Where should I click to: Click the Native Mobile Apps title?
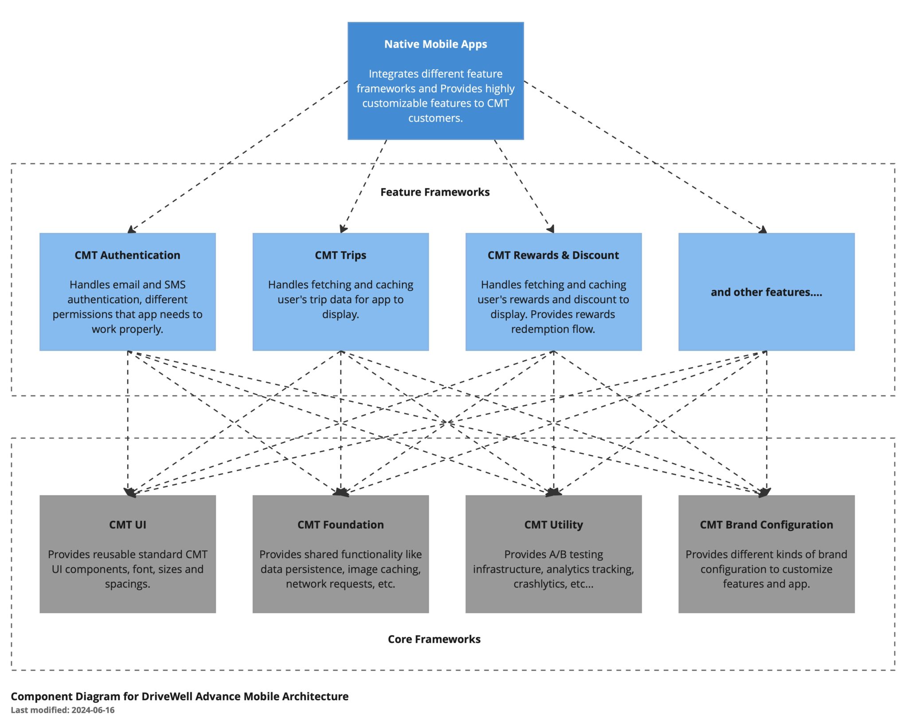pos(435,44)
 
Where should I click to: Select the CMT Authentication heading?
pos(127,255)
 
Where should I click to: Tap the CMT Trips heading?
pos(340,255)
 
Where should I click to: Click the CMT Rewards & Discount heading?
pos(553,255)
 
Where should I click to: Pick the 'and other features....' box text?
pos(766,292)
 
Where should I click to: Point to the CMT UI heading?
pos(127,524)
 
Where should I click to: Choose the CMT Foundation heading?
pos(340,524)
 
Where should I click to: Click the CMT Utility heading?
pos(553,524)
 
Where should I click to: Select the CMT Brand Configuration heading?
pos(766,524)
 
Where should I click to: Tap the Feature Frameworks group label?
pos(435,192)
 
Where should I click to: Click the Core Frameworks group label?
pos(434,639)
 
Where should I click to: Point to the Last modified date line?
pos(63,710)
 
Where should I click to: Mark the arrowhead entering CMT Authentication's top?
pos(131,230)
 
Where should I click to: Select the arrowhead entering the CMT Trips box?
pos(343,229)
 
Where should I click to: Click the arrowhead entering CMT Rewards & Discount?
pos(551,229)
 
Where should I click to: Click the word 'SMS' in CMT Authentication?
pos(175,284)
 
